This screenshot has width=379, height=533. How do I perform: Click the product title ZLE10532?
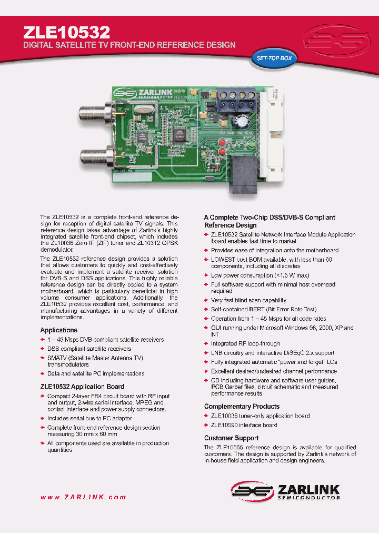[x=67, y=33]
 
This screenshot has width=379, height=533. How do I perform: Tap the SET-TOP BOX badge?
[x=274, y=58]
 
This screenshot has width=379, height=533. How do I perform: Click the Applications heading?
[x=58, y=330]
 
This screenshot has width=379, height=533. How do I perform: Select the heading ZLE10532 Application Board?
[x=82, y=387]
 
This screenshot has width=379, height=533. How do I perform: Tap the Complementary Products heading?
[x=242, y=407]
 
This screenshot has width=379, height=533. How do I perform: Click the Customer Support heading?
[x=231, y=438]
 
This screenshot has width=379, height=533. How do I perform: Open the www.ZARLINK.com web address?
[x=83, y=497]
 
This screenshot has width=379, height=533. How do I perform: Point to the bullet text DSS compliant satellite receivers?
[x=89, y=349]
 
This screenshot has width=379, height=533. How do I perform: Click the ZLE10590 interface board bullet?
[x=244, y=425]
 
